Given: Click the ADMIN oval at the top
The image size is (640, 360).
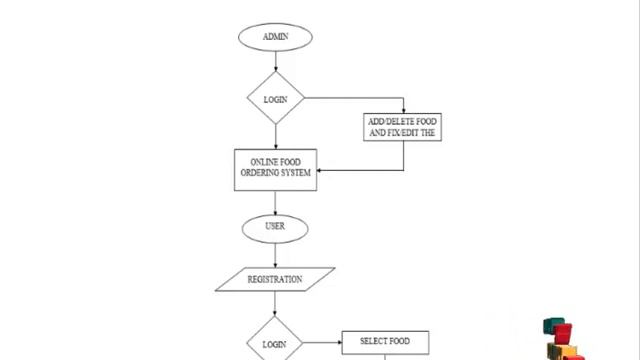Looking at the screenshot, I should click(x=275, y=37).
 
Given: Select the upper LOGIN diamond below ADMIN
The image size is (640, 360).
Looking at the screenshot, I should click(x=275, y=98).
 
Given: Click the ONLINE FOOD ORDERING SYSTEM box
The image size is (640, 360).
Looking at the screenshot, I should click(x=275, y=169).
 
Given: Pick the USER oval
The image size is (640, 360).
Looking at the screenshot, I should click(x=275, y=227).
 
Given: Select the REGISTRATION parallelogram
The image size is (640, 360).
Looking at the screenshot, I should click(x=275, y=279).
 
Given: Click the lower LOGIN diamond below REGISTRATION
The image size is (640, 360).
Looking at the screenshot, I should click(x=275, y=342).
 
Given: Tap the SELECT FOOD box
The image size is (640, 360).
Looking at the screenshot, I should click(x=384, y=342).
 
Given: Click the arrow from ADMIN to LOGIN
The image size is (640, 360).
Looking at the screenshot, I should click(x=275, y=61).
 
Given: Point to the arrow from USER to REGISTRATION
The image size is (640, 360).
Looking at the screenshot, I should click(x=275, y=254).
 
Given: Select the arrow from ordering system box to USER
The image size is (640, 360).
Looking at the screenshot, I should click(x=275, y=202).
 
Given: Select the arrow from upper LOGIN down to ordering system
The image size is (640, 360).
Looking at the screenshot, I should click(x=275, y=136).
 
